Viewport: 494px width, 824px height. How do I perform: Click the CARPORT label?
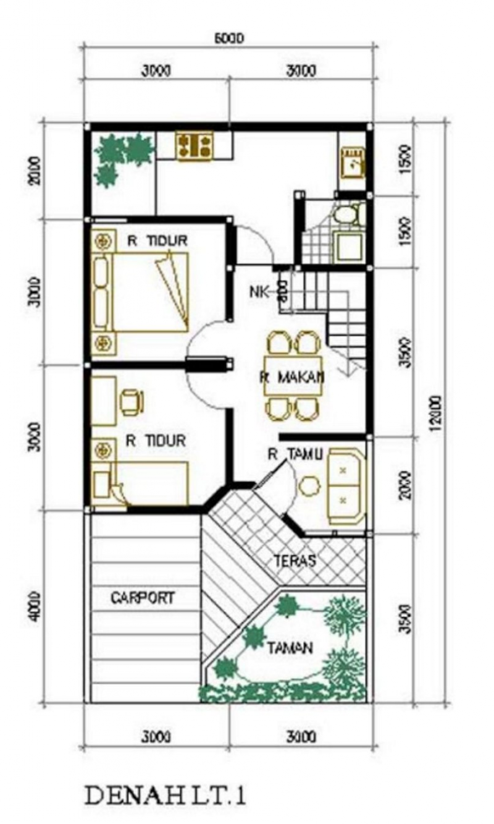click(143, 598)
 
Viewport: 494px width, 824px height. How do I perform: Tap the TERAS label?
click(295, 561)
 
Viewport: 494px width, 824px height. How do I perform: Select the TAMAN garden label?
click(290, 648)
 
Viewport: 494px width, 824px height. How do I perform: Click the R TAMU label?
click(295, 454)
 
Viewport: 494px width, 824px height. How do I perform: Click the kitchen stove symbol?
click(195, 147)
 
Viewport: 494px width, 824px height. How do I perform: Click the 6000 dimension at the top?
click(228, 38)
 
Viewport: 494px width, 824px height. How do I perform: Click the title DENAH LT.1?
click(165, 794)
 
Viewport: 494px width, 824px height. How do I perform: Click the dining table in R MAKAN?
click(293, 376)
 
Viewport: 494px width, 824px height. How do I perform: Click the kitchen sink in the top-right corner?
click(353, 163)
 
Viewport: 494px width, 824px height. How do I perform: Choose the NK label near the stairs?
click(259, 290)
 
